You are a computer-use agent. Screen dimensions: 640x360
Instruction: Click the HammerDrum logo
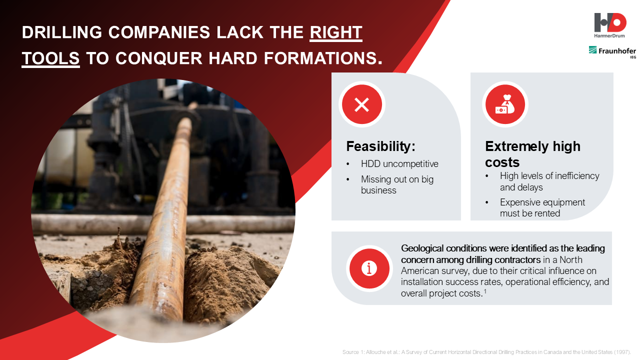(x=609, y=25)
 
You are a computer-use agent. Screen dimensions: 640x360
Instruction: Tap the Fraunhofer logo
(x=612, y=51)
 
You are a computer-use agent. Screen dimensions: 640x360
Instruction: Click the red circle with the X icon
(x=361, y=104)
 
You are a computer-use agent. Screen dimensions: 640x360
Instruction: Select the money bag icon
(x=505, y=104)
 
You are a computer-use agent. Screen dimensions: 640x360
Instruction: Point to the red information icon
(x=369, y=268)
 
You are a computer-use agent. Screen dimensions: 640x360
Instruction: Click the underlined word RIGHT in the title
(x=336, y=32)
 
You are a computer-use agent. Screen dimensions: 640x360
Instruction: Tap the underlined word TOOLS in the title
(x=50, y=58)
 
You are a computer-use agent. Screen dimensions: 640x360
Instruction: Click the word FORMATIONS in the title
(x=323, y=58)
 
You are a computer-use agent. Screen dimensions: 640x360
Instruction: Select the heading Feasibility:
(x=380, y=146)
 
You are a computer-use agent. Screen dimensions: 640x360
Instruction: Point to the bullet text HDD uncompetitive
(x=399, y=163)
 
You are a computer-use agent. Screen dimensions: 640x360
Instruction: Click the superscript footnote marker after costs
(x=485, y=291)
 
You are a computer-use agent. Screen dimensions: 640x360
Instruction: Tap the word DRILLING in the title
(x=61, y=32)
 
